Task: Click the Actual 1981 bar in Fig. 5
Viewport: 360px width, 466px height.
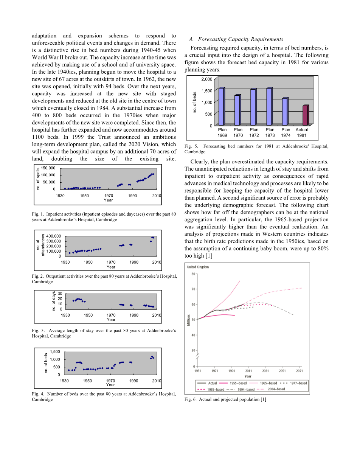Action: pyautogui.click(x=305, y=115)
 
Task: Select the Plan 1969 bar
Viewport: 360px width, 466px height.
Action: pyautogui.click(x=222, y=106)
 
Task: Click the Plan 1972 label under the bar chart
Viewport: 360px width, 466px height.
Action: pyautogui.click(x=254, y=132)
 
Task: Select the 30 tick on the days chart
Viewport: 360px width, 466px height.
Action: pyautogui.click(x=60, y=294)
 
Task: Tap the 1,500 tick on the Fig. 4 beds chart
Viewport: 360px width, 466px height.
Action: pyautogui.click(x=54, y=352)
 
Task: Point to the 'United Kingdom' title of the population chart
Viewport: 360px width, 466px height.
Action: pyautogui.click(x=198, y=267)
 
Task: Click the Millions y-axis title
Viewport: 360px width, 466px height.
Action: pyautogui.click(x=189, y=320)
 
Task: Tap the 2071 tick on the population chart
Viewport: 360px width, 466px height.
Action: pyautogui.click(x=299, y=371)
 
